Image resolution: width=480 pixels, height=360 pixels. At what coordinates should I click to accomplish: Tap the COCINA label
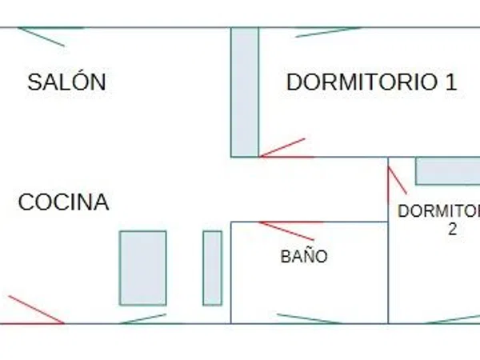[64, 202]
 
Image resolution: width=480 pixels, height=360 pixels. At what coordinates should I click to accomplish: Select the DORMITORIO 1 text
[372, 82]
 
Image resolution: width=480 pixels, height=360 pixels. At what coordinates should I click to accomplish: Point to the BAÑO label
[304, 256]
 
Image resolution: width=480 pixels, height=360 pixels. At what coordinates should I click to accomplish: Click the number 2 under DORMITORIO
[453, 229]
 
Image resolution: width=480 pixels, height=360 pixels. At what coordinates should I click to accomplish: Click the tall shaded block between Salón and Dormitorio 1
[245, 92]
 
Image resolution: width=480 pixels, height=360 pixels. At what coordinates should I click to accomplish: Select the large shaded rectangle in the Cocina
[143, 268]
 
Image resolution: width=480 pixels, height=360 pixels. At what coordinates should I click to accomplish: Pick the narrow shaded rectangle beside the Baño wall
[213, 268]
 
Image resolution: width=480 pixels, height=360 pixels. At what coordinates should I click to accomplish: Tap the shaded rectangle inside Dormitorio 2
[447, 171]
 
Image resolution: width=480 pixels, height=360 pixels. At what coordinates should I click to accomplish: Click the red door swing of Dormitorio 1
[282, 148]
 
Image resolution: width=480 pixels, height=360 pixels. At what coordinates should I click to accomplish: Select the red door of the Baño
[286, 231]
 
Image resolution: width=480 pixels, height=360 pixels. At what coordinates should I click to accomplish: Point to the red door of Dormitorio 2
[398, 180]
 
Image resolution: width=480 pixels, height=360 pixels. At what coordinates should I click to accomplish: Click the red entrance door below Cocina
[36, 309]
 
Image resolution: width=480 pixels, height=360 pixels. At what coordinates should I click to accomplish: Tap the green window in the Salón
[41, 37]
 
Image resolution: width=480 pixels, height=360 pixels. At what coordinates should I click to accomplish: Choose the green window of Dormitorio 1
[327, 32]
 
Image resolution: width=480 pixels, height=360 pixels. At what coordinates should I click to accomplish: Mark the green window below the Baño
[309, 318]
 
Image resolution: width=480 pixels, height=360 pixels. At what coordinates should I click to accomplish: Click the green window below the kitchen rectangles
[143, 318]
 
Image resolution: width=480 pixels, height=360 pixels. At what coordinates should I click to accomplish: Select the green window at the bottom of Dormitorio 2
[453, 319]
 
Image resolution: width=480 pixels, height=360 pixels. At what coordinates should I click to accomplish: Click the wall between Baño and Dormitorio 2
[388, 273]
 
